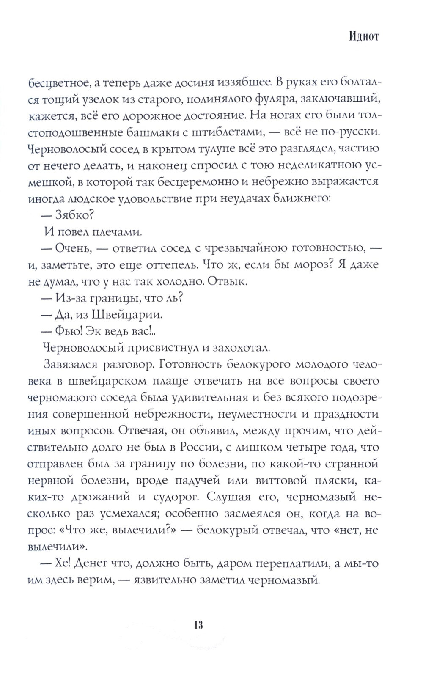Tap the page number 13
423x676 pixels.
click(198, 625)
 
